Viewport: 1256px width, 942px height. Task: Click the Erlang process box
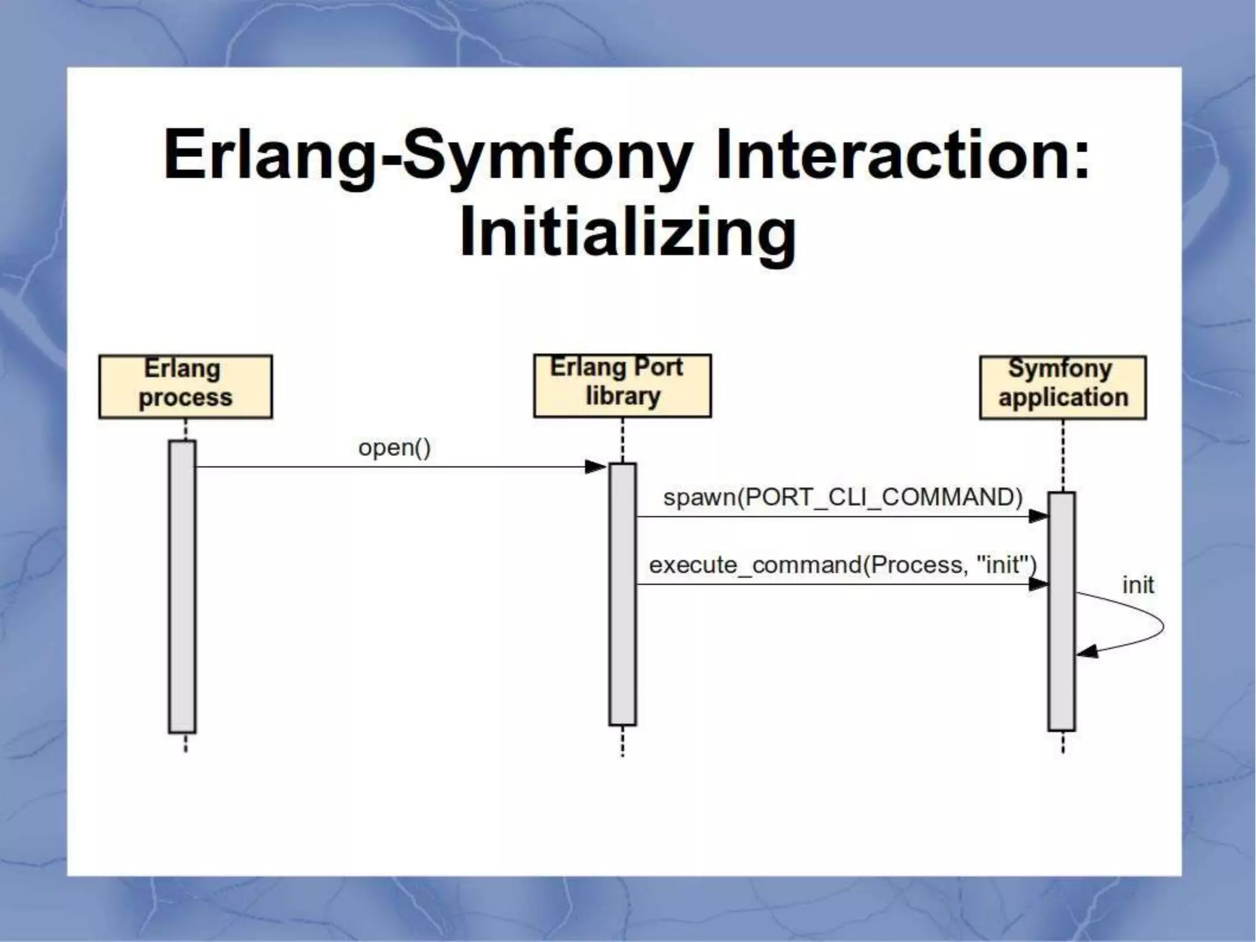point(185,386)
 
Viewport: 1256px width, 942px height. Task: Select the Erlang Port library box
point(622,385)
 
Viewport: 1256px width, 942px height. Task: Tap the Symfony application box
point(1062,387)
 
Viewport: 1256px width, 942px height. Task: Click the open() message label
point(394,448)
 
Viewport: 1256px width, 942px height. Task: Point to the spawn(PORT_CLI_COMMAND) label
point(843,497)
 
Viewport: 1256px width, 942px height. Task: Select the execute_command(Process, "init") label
point(843,564)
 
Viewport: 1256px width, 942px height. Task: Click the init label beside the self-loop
point(1138,585)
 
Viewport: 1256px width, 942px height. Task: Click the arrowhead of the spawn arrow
point(1038,516)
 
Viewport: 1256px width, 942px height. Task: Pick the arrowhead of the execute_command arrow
point(1038,584)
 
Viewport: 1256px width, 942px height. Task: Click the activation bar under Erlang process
point(182,586)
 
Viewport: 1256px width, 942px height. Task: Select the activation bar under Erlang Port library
point(622,594)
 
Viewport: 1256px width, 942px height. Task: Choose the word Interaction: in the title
point(903,155)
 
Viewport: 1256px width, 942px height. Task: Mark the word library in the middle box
point(622,396)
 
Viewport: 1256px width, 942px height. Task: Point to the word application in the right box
point(1063,397)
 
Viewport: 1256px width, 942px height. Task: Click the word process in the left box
point(185,397)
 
